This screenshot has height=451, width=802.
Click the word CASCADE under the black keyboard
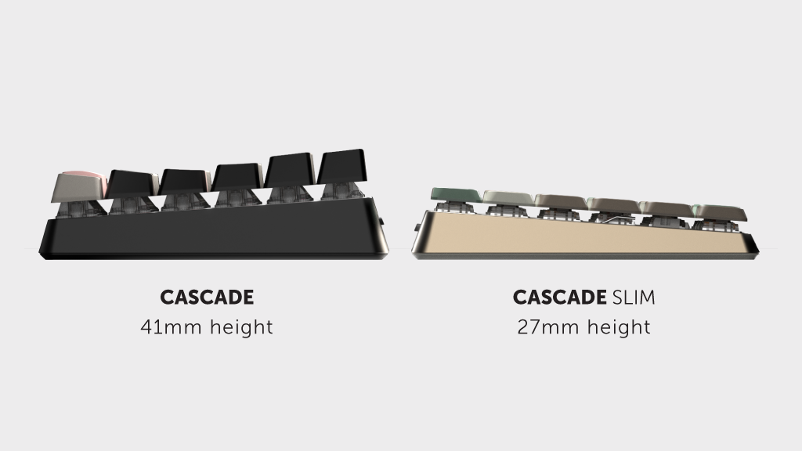coord(207,297)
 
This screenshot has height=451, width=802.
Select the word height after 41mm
coord(241,327)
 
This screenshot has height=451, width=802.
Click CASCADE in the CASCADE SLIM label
coord(559,297)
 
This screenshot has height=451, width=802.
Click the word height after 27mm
coord(619,327)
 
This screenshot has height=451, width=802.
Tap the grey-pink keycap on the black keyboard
coord(79,187)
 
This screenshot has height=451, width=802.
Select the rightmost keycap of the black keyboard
coord(341,166)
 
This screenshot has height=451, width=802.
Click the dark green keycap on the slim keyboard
coord(455,195)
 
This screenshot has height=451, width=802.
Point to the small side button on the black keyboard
coord(382,222)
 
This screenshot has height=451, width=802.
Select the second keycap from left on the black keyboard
coord(132,183)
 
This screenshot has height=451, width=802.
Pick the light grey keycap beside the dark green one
coord(508,198)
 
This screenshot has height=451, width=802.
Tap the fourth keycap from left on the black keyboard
coord(237,176)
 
